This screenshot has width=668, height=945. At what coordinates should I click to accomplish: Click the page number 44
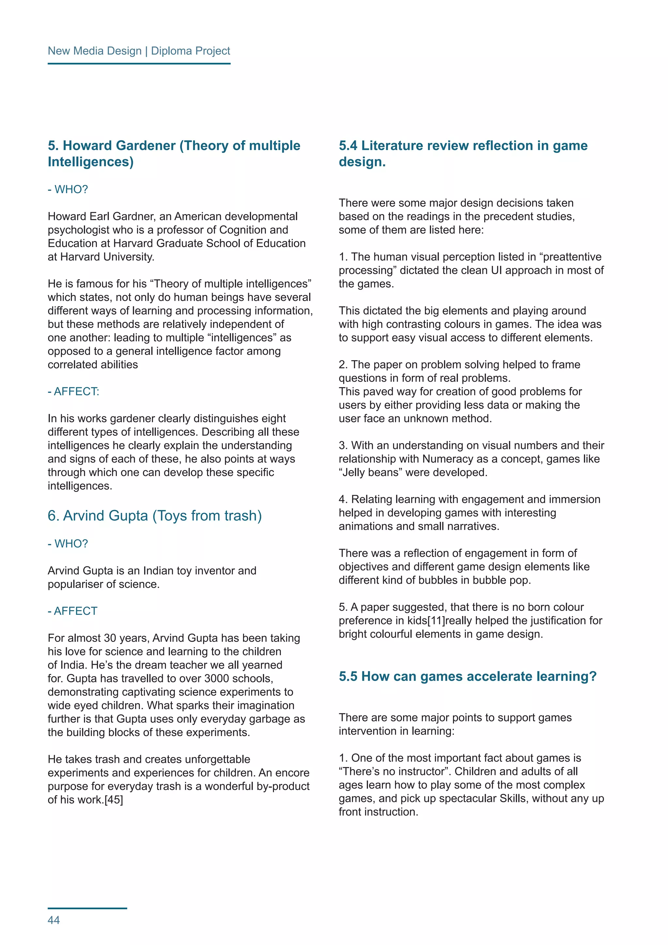(54, 920)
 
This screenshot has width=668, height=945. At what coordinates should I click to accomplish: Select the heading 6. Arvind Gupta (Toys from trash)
(155, 516)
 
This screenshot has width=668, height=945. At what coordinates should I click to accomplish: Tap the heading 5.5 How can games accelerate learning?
(467, 676)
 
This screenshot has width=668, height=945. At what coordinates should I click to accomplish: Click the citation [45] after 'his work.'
(114, 800)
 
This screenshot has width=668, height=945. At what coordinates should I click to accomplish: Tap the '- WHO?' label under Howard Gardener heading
(68, 189)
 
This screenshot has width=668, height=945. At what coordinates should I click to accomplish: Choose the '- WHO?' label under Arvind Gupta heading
(68, 544)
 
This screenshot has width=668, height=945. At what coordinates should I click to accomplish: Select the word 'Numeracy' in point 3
(448, 459)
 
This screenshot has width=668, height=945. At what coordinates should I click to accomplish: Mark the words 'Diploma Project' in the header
(190, 51)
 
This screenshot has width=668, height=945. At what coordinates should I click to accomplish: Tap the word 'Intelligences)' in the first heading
(90, 162)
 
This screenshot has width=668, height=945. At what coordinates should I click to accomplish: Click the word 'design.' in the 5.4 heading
(362, 162)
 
